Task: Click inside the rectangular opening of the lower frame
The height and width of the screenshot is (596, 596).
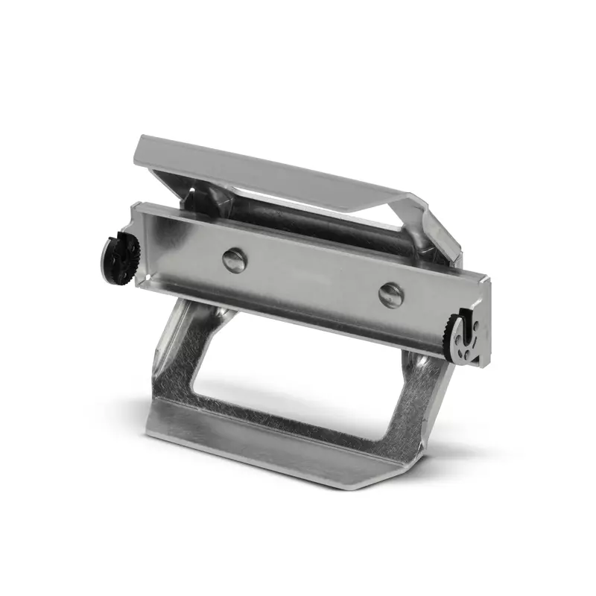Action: pyautogui.click(x=298, y=387)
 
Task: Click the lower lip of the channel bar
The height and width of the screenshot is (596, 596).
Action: pyautogui.click(x=298, y=312)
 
